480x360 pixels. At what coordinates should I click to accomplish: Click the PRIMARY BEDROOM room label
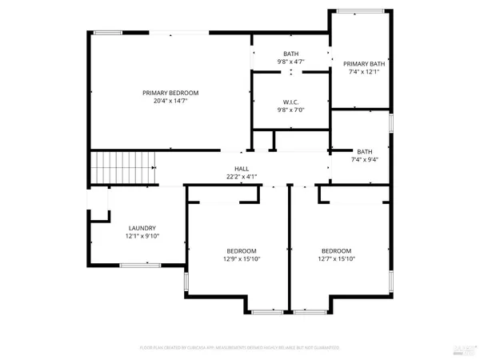click(170, 93)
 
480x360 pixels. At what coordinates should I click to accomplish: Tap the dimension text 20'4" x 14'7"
click(170, 102)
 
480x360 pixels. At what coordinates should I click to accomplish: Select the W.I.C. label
click(290, 102)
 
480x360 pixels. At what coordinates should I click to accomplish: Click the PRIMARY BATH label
click(364, 63)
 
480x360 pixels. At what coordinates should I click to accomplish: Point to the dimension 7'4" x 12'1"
click(364, 72)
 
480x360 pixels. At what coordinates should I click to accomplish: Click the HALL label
click(242, 168)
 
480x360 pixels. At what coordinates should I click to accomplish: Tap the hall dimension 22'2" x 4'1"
click(242, 177)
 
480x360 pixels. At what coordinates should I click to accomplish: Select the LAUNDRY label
click(142, 228)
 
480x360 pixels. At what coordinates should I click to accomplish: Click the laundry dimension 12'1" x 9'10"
click(142, 237)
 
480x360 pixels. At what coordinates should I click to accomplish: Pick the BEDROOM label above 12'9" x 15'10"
click(241, 250)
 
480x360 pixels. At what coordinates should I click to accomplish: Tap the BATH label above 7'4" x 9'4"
click(364, 151)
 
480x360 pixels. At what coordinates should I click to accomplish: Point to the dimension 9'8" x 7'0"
click(290, 110)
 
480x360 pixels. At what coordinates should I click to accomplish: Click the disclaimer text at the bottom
click(240, 348)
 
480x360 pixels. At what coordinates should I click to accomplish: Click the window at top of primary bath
click(359, 10)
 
